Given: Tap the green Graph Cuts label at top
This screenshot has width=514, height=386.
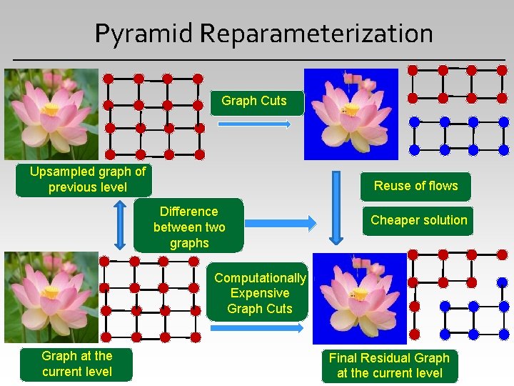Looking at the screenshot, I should pos(254,101).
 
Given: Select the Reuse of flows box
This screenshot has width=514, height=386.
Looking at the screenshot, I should pos(415,186).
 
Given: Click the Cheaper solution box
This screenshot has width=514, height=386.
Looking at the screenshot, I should pos(418,220).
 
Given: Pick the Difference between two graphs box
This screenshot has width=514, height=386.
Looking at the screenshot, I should pos(189,227).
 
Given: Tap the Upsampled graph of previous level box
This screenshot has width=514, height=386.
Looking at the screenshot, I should pos(87,179).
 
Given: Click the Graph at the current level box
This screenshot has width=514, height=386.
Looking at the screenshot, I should pos(76,363).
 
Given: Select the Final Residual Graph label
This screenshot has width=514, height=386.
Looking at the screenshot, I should pos(389,365).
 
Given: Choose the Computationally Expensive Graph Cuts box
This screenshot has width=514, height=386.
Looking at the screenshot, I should pos(260,293).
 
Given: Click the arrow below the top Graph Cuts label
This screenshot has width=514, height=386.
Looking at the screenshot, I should pos(253,124).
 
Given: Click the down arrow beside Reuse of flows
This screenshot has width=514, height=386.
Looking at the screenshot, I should pos(335,207).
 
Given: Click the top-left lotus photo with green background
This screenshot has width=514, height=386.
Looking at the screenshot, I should pos(51,114).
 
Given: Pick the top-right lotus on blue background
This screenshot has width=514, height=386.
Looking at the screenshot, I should pos(351,114).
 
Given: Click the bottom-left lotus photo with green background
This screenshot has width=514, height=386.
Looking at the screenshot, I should pos(51,297).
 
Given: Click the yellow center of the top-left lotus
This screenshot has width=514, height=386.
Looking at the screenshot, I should pos(51,109).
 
